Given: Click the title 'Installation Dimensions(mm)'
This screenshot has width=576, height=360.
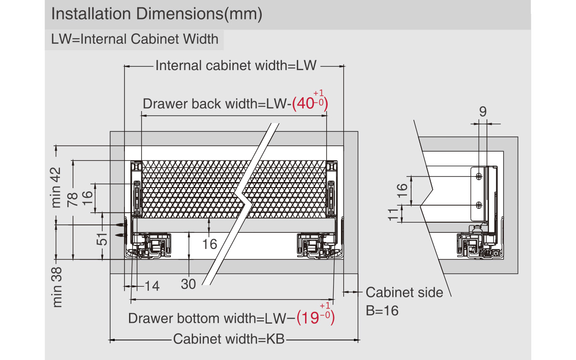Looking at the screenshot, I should click(157, 14).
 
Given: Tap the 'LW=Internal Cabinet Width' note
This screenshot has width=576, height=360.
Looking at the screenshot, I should click(135, 39).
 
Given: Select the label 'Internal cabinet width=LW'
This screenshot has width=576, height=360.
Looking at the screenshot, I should click(236, 65).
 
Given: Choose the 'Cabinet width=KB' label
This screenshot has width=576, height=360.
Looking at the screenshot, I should click(229, 339).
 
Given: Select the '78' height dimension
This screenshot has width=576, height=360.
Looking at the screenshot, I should click(72, 199).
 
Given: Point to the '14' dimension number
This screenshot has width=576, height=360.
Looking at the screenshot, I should click(152, 286).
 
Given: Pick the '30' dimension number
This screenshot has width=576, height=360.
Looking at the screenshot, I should click(188, 284).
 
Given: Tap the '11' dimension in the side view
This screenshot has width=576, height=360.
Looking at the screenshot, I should click(393, 214).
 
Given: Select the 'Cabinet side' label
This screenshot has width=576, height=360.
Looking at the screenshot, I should click(404, 292).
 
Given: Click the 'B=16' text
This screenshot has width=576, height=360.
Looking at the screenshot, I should click(382, 310).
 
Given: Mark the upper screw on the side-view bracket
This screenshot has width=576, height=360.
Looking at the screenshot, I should click(479, 176).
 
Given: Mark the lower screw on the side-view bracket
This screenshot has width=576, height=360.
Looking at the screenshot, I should click(479, 205).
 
